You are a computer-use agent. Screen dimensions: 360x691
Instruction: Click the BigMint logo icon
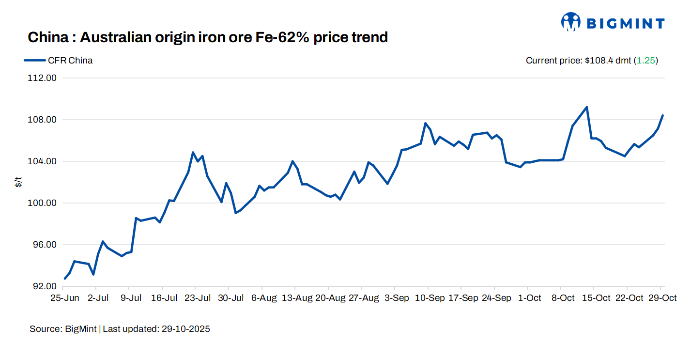tap(571, 22)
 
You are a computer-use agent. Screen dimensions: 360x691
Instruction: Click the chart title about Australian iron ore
tap(208, 37)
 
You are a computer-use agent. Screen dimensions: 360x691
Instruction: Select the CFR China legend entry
tap(59, 61)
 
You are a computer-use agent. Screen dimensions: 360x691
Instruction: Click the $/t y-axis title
tap(18, 182)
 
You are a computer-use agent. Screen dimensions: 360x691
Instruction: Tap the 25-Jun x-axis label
tap(65, 298)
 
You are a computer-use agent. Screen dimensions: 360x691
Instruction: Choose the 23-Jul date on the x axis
tap(198, 298)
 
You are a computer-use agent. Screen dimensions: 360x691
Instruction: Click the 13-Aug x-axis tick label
tap(297, 298)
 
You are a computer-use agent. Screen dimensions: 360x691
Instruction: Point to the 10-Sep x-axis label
tap(430, 298)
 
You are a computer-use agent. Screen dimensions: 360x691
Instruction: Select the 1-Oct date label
tap(529, 298)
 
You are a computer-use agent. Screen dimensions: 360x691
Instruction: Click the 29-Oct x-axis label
tap(662, 298)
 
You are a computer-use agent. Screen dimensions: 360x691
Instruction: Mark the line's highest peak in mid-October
tap(586, 107)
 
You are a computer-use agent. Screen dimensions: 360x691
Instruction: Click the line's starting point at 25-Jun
tap(65, 279)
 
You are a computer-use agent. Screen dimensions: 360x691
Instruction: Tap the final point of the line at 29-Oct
tap(662, 115)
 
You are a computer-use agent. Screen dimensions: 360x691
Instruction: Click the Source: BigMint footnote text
tap(63, 329)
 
